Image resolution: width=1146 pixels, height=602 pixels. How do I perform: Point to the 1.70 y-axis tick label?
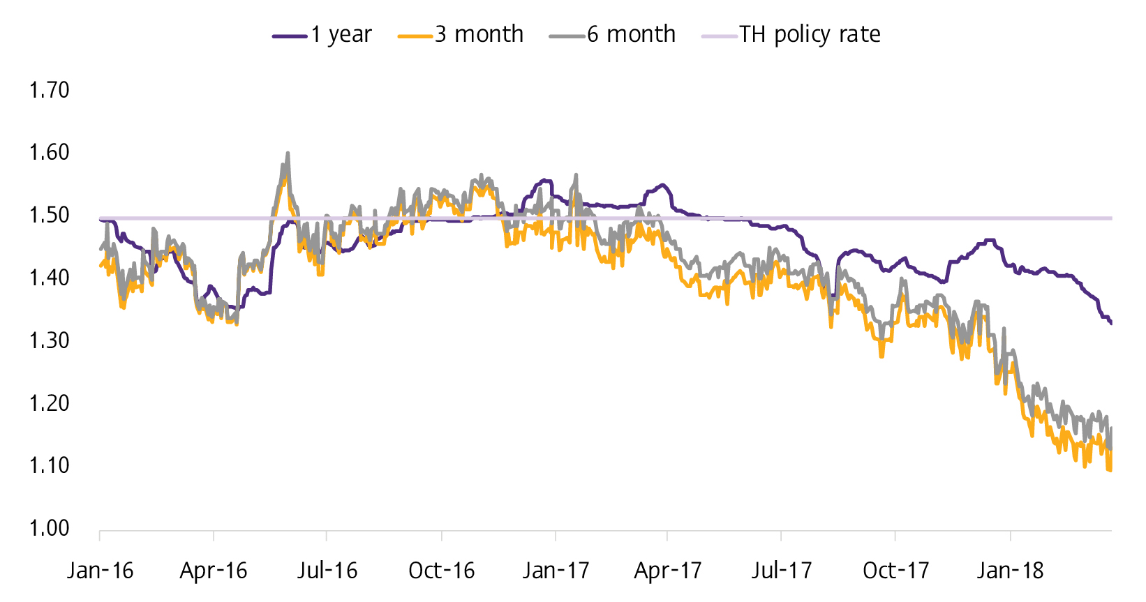point(49,90)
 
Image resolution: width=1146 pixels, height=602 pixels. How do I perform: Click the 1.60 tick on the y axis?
point(49,152)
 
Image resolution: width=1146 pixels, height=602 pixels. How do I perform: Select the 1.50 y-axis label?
point(49,215)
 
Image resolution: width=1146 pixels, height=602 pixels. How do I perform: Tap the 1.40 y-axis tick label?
point(49,278)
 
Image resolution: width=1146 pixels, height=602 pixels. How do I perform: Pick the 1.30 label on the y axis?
point(49,340)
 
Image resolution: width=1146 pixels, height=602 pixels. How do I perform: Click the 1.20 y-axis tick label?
point(49,403)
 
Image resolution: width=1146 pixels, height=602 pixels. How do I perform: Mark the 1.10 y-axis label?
point(49,465)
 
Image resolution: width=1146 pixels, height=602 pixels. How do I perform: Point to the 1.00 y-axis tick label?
point(49,528)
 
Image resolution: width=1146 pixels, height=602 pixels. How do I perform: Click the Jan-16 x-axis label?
point(101,571)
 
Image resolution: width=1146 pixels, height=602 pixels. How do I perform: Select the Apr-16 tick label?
point(214,571)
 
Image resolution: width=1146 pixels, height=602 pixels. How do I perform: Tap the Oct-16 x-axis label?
point(441,571)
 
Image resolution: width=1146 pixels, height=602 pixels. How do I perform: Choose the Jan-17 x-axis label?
point(556,571)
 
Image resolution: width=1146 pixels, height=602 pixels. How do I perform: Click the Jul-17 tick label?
point(782,571)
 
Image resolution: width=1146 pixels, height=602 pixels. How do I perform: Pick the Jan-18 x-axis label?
point(1010,571)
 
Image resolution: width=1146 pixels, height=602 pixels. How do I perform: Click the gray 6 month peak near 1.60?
point(288,153)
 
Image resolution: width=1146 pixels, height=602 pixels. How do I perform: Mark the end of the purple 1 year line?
point(1110,323)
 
